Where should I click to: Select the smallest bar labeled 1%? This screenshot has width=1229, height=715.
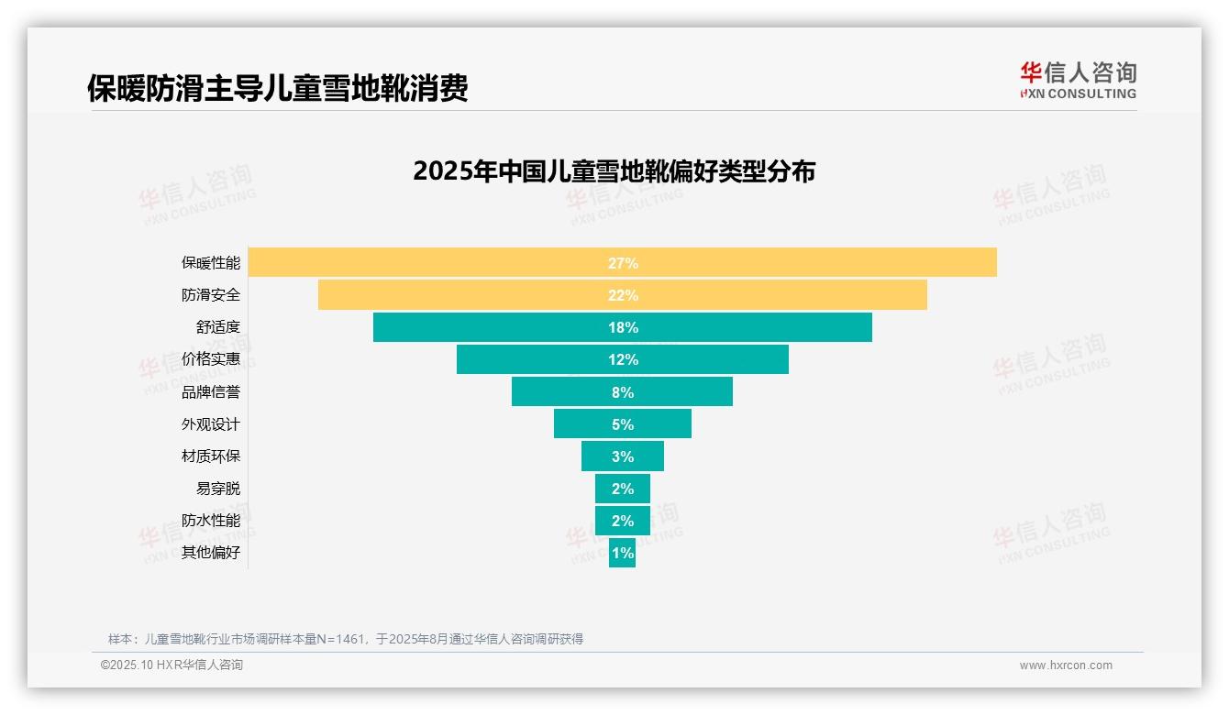pos(622,553)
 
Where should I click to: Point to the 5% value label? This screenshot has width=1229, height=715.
pos(623,424)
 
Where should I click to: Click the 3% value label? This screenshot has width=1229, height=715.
pos(623,456)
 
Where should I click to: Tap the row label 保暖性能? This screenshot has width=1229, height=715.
pos(210,263)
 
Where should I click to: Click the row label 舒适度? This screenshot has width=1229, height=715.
pos(217,327)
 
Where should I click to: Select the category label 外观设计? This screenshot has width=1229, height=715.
pos(210,424)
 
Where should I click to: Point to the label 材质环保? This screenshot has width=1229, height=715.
pos(210,456)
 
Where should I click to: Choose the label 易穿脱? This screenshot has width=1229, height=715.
pos(217,489)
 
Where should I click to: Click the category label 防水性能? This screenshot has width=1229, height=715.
pos(210,521)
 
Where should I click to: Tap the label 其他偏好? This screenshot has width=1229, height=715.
pos(210,553)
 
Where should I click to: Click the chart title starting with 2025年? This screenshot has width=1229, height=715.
pos(614,171)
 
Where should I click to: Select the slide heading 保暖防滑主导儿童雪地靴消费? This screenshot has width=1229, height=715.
pos(277,88)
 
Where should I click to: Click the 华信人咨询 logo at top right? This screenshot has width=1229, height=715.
pos(1078,80)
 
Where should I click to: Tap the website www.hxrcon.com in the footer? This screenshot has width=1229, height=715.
pos(1065,665)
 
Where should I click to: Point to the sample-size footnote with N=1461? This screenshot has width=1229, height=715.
pos(346,639)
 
